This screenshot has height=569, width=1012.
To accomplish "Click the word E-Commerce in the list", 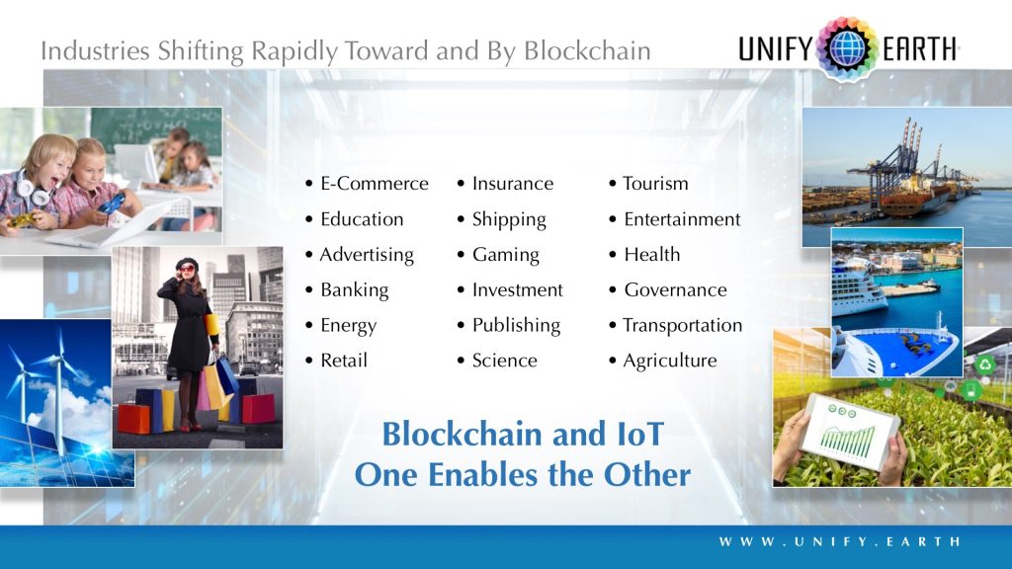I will [374, 184].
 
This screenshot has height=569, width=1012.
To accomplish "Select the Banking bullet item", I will [354, 290].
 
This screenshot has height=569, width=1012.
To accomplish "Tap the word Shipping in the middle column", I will [508, 219].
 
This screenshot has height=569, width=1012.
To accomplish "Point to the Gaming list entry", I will [505, 255].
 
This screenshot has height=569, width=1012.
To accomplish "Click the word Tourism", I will [655, 184].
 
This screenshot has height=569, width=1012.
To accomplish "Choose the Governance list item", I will [675, 290].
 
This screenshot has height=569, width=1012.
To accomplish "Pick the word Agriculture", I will [669, 362].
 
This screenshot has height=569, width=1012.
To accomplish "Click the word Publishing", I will [515, 326].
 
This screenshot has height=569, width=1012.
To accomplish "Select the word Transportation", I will [682, 326].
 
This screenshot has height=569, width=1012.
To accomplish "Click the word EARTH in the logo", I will [918, 47].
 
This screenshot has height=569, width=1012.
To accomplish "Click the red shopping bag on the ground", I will [259, 407].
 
